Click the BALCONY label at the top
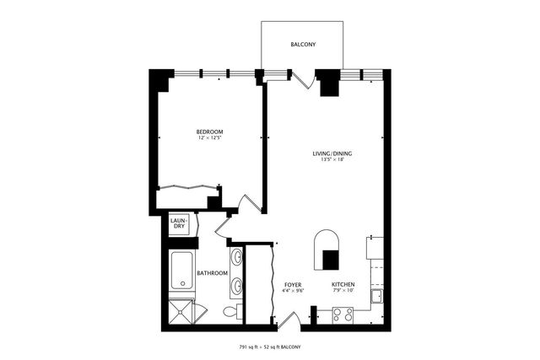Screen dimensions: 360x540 click(x=303, y=44)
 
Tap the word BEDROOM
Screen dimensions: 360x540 click(x=209, y=132)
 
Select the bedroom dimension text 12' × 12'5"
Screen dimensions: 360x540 click(x=209, y=138)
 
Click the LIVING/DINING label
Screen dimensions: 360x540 click(x=332, y=153)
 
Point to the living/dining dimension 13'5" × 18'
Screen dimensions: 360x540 click(x=332, y=160)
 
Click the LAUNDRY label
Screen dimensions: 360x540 click(x=179, y=223)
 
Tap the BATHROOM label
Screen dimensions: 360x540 click(x=211, y=273)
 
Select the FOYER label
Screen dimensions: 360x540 click(x=293, y=285)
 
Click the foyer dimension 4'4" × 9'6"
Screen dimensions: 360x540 click(x=293, y=292)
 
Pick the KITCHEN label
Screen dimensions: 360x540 click(x=342, y=285)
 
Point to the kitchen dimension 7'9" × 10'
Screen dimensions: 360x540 click(x=342, y=292)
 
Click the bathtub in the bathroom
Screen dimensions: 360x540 click(x=181, y=270)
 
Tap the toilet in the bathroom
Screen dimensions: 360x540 click(x=229, y=312)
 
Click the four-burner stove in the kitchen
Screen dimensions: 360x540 click(x=342, y=315)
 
